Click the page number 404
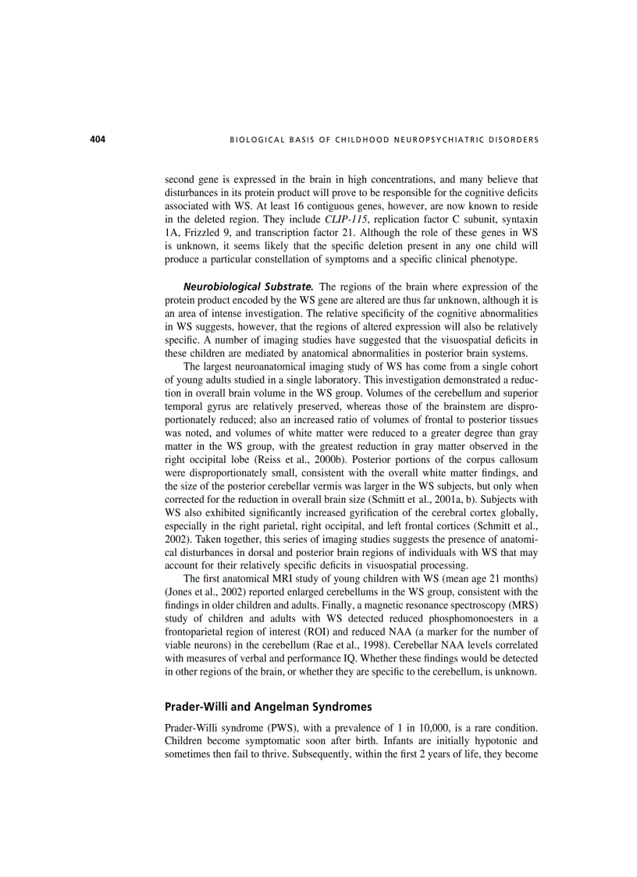tap(97, 140)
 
